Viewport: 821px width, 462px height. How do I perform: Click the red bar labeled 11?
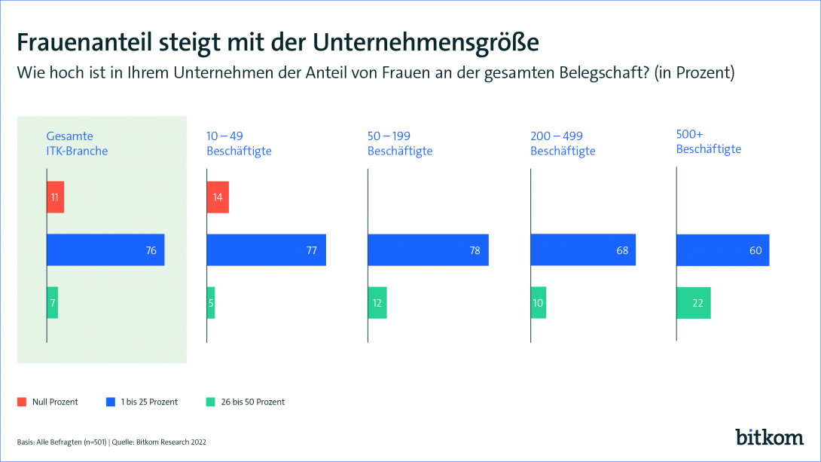(55, 197)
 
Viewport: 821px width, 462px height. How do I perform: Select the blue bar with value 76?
(105, 250)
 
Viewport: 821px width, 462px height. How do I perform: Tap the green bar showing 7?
(52, 302)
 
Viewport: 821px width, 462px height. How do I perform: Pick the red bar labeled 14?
(218, 197)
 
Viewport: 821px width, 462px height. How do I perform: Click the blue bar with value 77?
(266, 250)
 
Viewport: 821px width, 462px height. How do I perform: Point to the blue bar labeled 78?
(428, 250)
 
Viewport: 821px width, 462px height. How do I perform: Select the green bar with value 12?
(377, 302)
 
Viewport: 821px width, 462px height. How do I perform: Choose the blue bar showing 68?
(583, 250)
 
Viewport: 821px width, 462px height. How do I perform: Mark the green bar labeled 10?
(539, 302)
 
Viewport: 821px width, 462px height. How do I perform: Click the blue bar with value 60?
(723, 250)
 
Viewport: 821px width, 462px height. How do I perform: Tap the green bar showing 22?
(694, 302)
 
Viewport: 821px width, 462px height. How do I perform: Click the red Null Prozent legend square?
(21, 402)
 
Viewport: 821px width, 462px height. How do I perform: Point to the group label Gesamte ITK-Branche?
(77, 143)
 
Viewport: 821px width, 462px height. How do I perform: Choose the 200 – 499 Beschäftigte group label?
(563, 143)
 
